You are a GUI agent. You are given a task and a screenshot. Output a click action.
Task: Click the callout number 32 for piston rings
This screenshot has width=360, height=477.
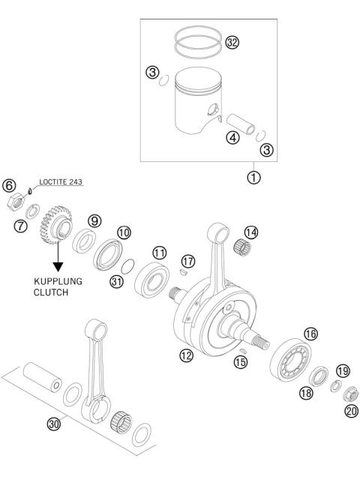click(232, 43)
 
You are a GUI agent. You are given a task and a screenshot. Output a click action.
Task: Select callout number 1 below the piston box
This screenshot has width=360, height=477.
click(255, 178)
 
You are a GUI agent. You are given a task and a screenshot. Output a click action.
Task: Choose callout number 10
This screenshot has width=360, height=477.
click(124, 233)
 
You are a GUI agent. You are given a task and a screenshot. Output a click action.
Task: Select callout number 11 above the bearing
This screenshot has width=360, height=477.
click(160, 251)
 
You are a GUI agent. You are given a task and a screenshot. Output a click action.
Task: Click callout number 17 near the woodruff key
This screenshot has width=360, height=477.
click(187, 260)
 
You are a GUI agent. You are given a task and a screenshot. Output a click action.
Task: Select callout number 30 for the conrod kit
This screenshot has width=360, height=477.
click(53, 424)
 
